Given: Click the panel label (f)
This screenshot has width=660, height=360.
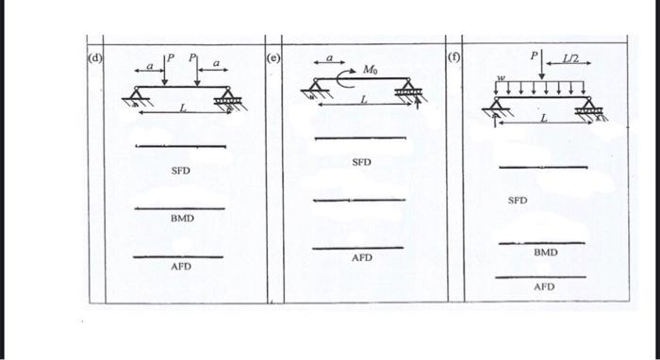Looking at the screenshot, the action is [x=454, y=56].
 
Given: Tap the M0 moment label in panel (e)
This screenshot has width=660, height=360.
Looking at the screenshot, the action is [x=371, y=70].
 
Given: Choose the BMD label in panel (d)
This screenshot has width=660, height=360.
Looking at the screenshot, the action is [x=182, y=219].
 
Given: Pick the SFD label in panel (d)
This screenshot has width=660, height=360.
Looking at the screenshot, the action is [x=181, y=172].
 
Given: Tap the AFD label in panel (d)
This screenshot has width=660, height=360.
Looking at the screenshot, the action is [x=181, y=267].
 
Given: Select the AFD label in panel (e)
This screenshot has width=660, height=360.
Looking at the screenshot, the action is [x=362, y=257].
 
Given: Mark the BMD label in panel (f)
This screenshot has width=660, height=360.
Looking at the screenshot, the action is [x=545, y=253].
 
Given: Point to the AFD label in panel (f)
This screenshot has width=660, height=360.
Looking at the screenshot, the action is [x=545, y=286].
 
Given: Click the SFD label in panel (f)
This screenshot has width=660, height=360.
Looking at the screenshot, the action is [x=518, y=201].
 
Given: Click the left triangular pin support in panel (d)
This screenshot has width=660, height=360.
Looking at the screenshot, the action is [x=138, y=93].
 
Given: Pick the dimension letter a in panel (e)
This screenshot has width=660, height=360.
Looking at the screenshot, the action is [x=330, y=58].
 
